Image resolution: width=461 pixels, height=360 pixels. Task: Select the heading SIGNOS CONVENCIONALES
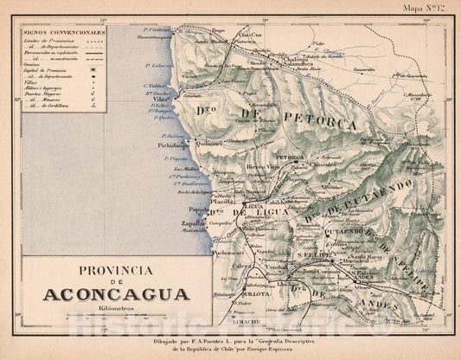pyautogui.click(x=63, y=32)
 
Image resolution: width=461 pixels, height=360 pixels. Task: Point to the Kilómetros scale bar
pyautogui.click(x=116, y=318)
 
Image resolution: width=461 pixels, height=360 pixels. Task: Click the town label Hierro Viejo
pyautogui.click(x=263, y=166)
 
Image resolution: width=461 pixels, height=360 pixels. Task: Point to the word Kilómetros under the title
pyautogui.click(x=116, y=309)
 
